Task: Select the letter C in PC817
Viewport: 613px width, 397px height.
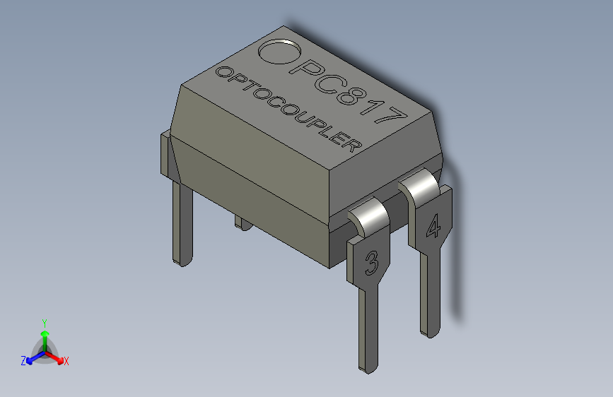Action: [x=327, y=83]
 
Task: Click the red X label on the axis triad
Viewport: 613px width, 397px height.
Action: [x=66, y=361]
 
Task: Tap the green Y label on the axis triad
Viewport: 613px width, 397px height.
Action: [x=44, y=321]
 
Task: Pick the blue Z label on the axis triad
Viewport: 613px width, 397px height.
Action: [x=23, y=360]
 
